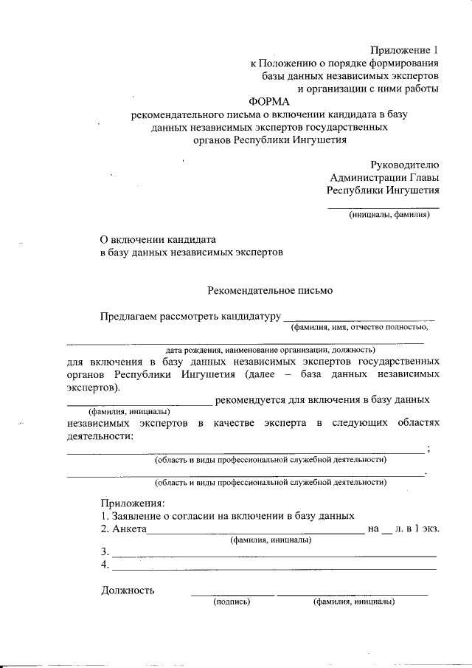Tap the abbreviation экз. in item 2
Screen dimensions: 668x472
tap(429, 528)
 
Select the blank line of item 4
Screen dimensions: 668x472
tap(273, 568)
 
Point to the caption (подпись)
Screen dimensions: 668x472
tap(232, 602)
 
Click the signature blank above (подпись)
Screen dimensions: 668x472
tap(232, 593)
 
